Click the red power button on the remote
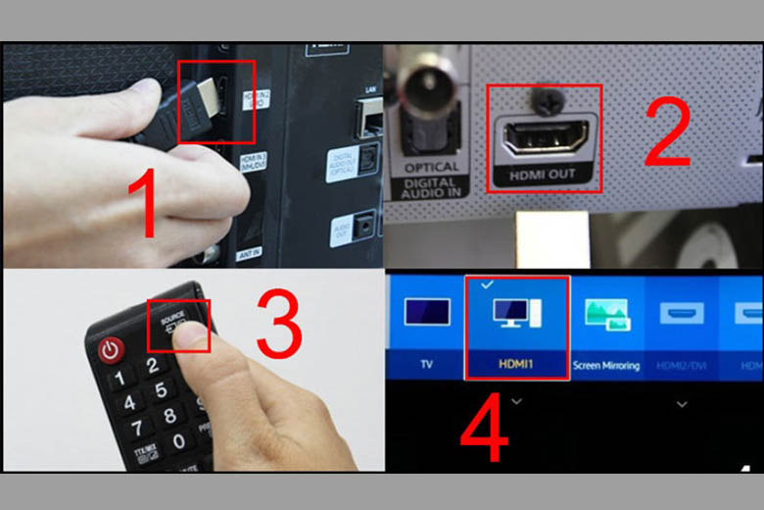pyautogui.click(x=109, y=349)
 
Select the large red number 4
pyautogui.click(x=483, y=428)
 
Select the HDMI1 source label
pyautogui.click(x=515, y=365)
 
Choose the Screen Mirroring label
pyautogui.click(x=606, y=366)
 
